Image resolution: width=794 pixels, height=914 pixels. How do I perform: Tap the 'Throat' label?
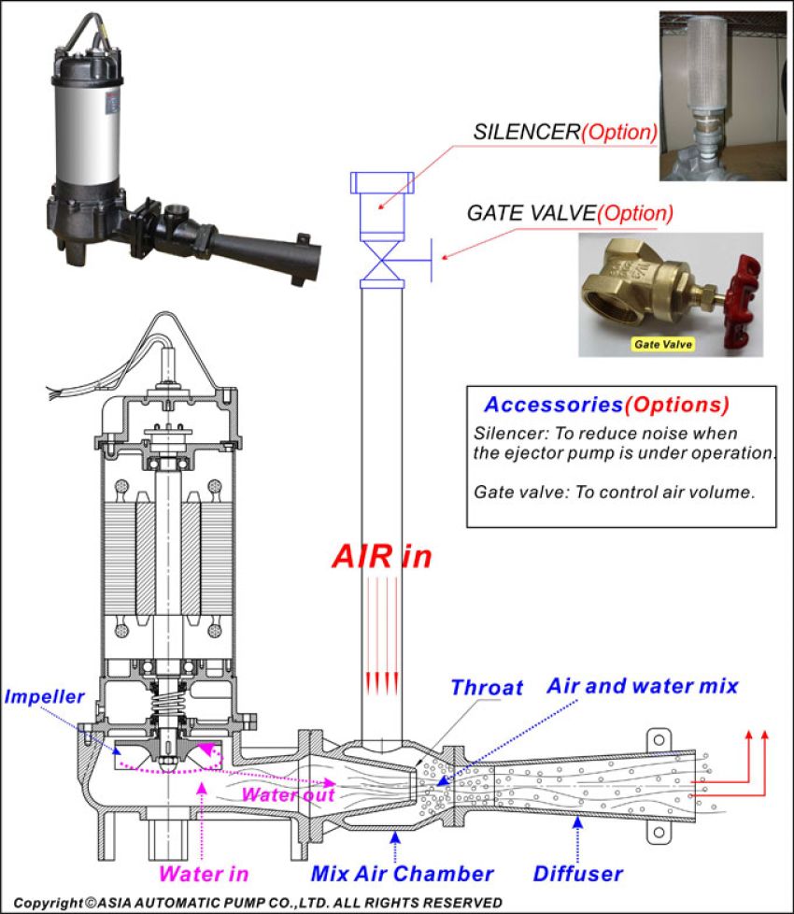coord(486,688)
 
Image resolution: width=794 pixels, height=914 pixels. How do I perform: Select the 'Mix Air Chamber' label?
coord(402,874)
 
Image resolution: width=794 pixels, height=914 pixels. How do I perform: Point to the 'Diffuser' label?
coord(577,874)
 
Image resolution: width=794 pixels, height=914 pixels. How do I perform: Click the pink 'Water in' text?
coord(204,874)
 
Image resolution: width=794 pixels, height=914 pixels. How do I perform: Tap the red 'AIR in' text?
coord(382,555)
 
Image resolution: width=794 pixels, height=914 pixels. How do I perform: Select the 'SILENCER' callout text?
coord(527,132)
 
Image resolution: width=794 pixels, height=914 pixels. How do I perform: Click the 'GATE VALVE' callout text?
coord(531,213)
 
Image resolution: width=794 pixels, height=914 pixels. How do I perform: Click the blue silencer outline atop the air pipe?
coord(382,198)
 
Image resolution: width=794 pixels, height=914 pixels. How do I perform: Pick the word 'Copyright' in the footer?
coord(47,902)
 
